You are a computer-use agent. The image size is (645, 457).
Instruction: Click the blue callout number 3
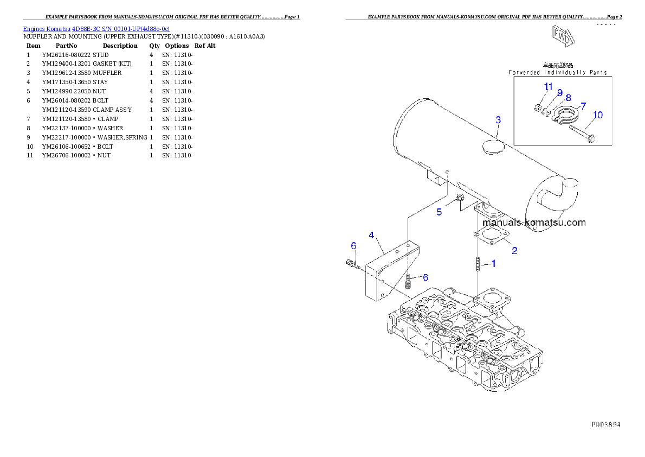[498, 119]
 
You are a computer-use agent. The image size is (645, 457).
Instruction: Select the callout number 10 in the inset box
[597, 115]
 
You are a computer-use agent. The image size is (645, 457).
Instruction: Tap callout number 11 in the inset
[548, 87]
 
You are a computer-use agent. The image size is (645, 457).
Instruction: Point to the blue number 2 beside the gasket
[514, 251]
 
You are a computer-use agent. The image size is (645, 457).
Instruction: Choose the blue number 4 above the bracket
[371, 235]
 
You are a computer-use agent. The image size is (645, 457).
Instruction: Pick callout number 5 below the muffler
[439, 212]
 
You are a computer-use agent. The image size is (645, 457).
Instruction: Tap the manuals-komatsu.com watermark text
[533, 223]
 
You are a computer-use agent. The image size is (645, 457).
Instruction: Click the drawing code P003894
[605, 424]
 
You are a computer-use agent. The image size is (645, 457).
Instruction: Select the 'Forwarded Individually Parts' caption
[557, 72]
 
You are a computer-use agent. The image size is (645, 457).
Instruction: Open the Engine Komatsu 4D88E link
[96, 28]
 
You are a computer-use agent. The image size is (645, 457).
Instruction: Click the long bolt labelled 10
[583, 134]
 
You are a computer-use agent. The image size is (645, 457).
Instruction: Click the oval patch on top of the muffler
[492, 148]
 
